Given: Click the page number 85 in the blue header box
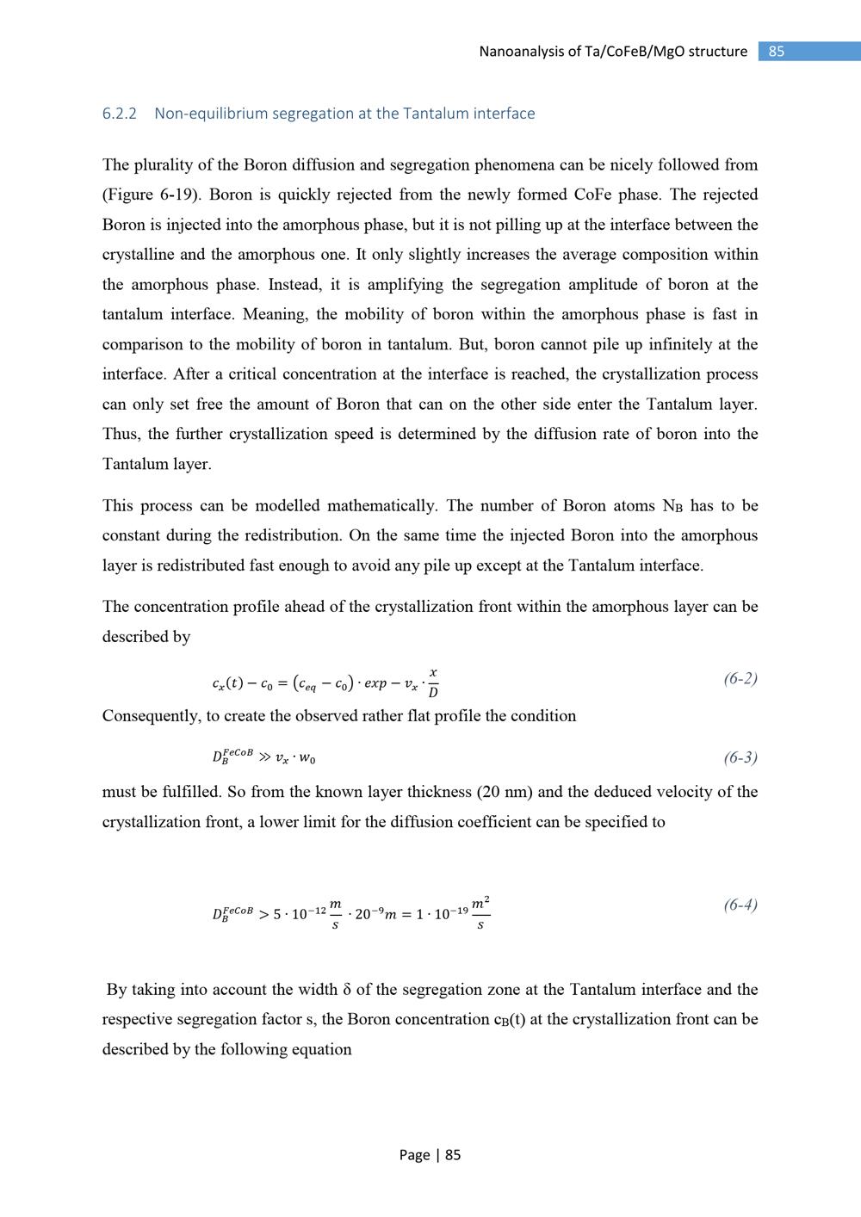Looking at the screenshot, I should pos(777,52).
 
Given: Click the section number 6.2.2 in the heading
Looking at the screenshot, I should pos(120,114).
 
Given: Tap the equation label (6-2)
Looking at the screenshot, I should pos(740,678).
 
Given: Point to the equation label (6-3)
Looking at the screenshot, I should pos(740,757).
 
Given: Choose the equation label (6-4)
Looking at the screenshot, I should pos(740,905).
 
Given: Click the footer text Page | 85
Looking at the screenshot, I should pos(430,1155).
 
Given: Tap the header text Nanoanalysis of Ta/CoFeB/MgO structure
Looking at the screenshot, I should pos(613,52).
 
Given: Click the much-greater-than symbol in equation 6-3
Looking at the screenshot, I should pos(263,758).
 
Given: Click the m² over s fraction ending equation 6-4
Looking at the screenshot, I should pos(480,912).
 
